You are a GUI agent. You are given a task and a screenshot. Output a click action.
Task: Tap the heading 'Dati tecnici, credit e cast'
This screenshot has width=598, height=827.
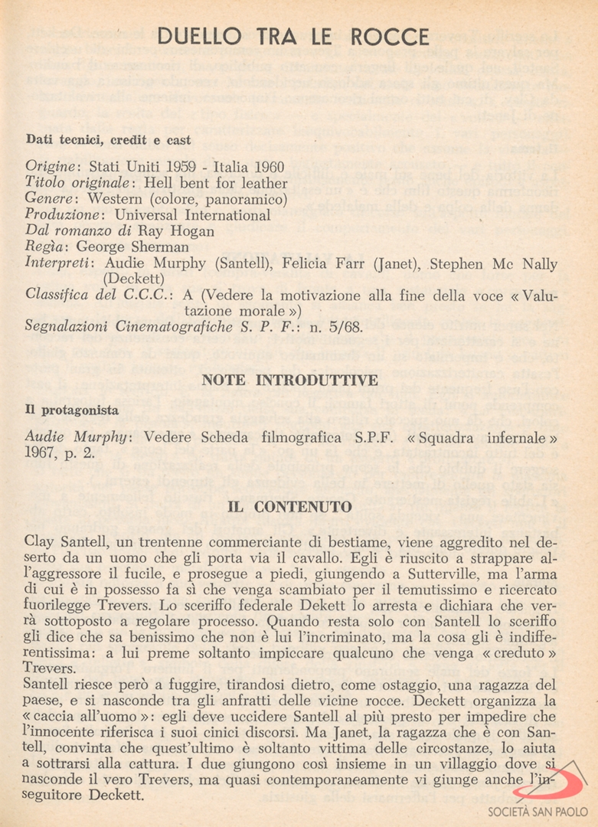click(109, 140)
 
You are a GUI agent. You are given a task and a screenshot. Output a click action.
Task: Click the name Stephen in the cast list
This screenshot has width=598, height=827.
click(457, 264)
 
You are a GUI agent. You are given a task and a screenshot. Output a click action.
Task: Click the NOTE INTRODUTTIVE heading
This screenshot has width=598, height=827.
click(290, 381)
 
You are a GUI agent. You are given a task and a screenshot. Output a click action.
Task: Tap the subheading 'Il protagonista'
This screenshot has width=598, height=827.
click(65, 410)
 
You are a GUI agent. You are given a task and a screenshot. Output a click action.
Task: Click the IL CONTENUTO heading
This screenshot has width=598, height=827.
click(290, 507)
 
